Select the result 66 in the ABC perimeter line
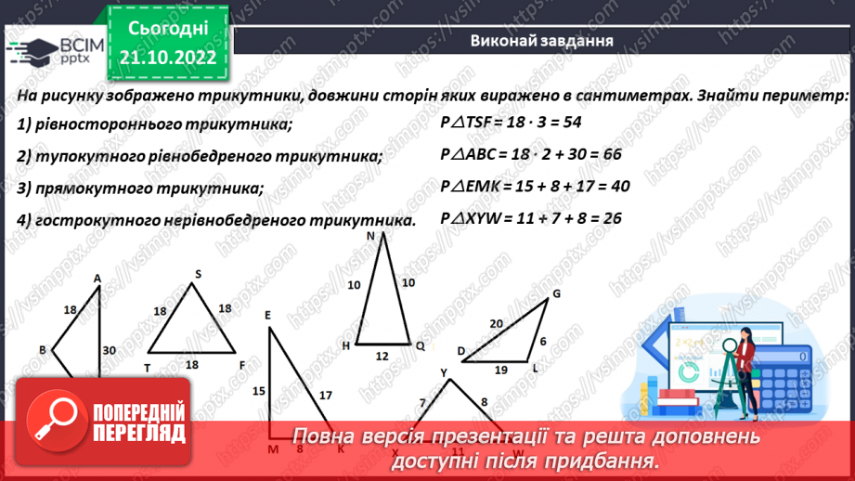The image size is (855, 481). [608, 155]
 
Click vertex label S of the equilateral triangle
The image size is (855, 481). [198, 274]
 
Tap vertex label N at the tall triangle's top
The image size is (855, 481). [370, 236]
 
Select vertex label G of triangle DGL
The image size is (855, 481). [557, 294]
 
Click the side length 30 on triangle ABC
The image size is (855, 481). [110, 350]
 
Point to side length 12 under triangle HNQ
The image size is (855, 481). [382, 356]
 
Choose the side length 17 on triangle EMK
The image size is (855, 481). [325, 396]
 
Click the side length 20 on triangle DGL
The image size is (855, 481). [496, 323]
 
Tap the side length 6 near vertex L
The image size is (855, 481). [543, 341]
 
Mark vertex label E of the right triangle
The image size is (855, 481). [267, 316]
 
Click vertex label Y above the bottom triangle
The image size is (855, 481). [444, 373]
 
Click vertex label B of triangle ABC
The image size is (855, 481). [43, 349]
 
